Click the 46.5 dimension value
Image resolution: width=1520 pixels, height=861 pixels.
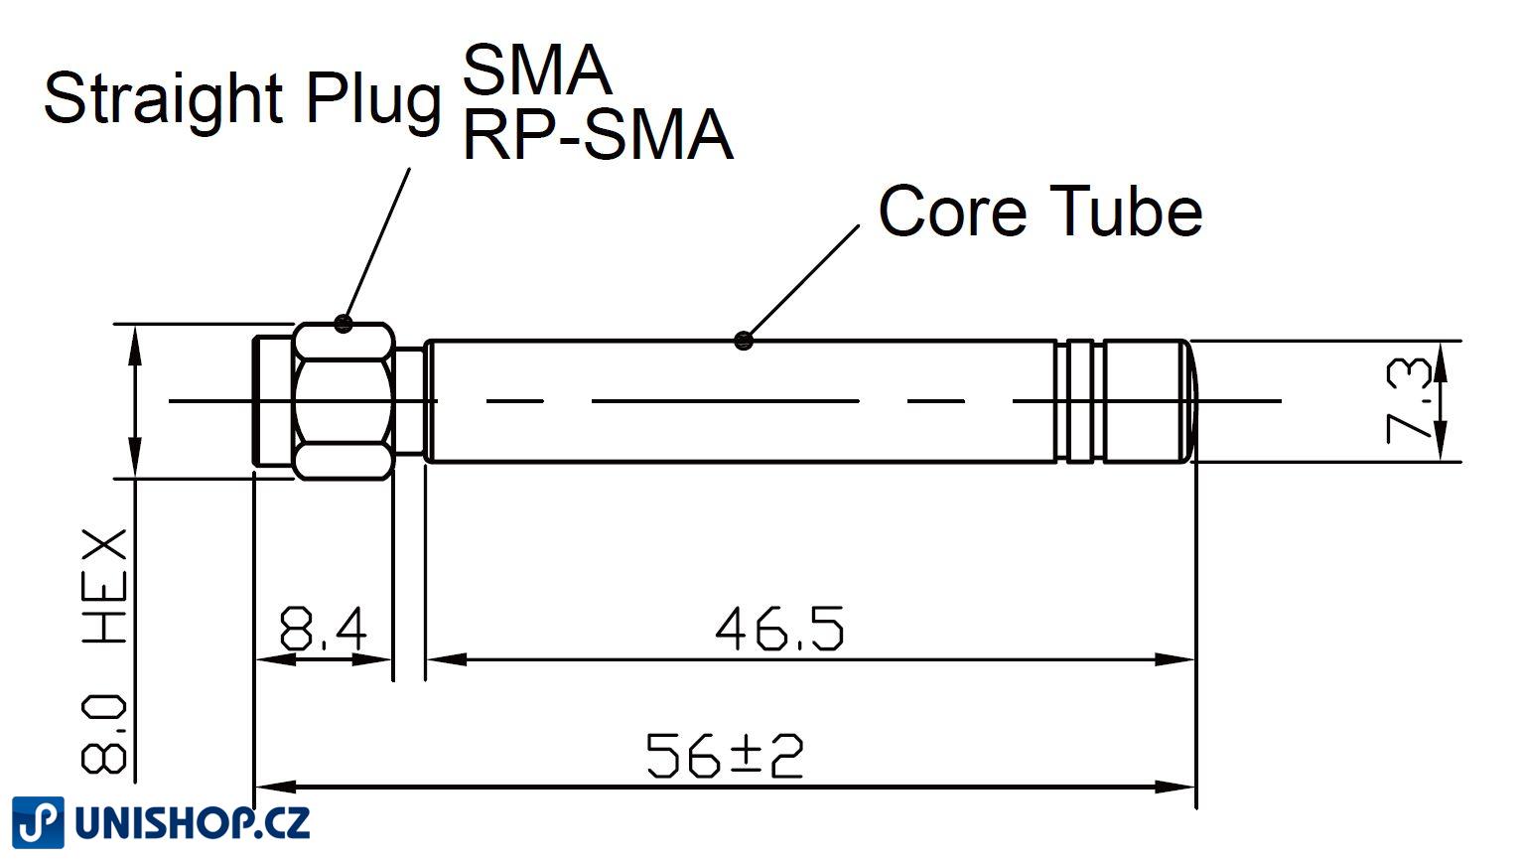(779, 629)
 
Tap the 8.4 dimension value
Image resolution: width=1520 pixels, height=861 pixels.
(323, 629)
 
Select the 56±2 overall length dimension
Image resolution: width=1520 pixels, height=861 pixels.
(724, 756)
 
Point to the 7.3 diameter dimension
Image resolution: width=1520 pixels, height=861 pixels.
(1408, 400)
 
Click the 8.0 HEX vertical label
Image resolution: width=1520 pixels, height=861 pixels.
(105, 650)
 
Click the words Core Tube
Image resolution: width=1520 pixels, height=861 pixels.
(1039, 212)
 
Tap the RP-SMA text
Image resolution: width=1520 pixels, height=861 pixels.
(597, 135)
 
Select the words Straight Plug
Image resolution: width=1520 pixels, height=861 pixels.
(241, 98)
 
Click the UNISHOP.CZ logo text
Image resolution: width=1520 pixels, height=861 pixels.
(193, 823)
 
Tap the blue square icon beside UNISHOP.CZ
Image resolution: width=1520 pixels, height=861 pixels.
(38, 823)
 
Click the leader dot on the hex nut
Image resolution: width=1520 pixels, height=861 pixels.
(344, 323)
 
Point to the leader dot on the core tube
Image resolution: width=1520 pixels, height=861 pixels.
(744, 341)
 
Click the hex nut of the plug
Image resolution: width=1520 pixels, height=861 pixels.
(344, 400)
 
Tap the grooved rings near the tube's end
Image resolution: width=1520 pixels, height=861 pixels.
(1080, 400)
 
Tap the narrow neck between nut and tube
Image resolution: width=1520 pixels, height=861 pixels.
(410, 400)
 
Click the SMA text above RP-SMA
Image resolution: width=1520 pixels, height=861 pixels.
(536, 70)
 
